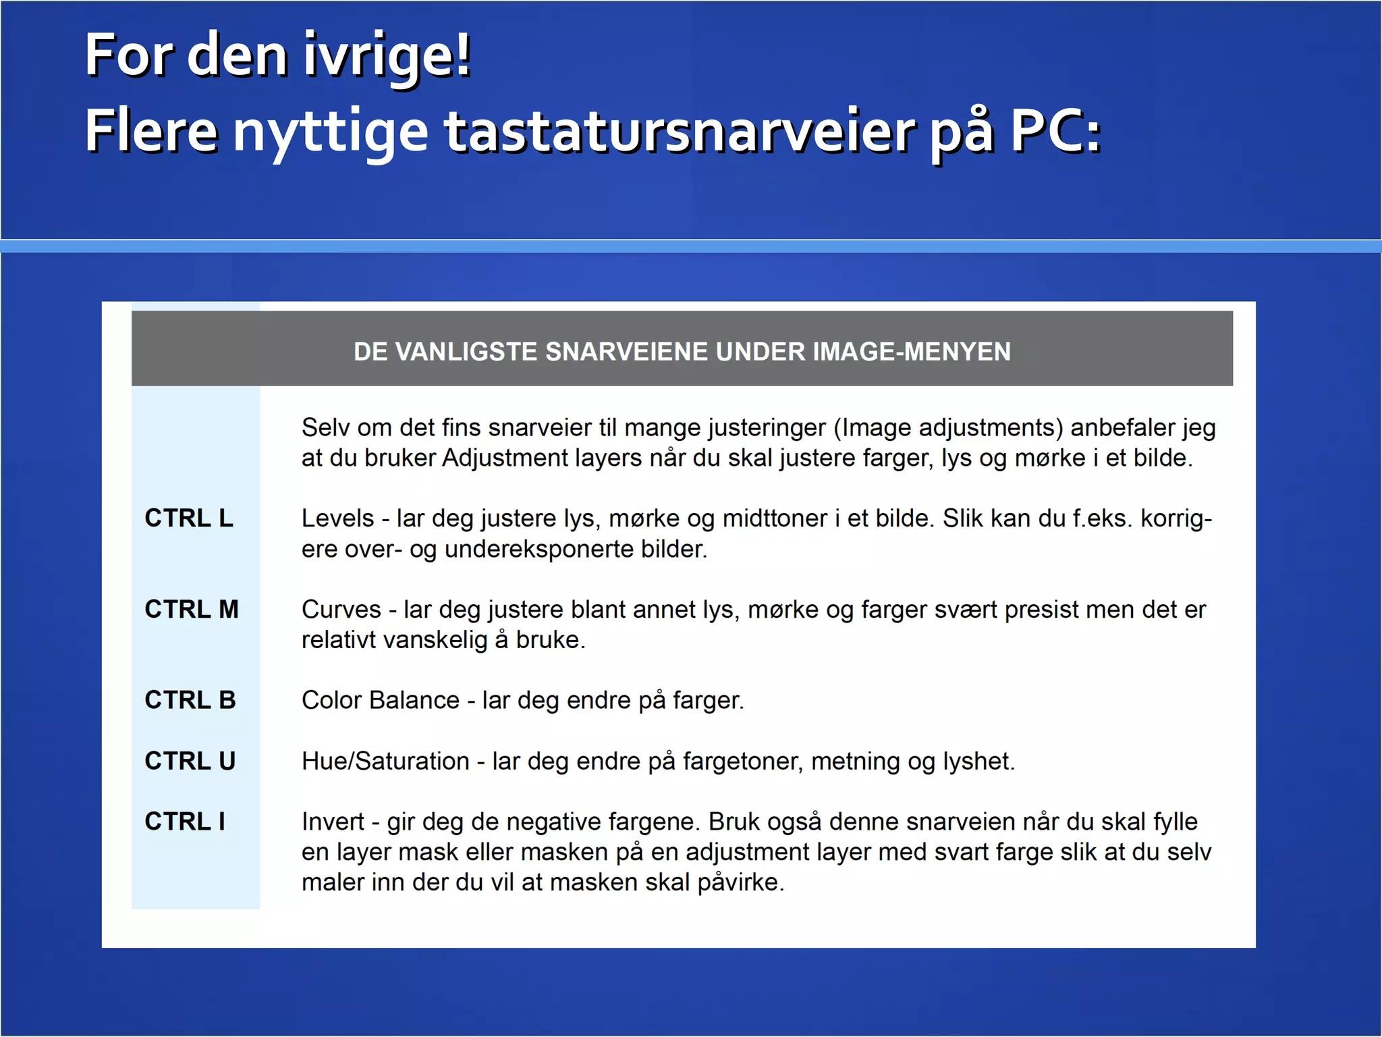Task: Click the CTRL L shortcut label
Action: pos(189,518)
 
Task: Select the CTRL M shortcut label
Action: pos(192,609)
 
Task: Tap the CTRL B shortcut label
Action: pos(190,700)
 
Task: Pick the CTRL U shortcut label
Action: pos(190,761)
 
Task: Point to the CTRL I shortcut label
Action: pos(185,822)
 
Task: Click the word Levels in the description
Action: pos(337,518)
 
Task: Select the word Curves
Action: pos(341,610)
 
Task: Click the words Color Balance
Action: pos(381,700)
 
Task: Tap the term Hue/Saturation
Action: pos(385,762)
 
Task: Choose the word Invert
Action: pos(333,822)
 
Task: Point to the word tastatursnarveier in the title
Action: pos(680,131)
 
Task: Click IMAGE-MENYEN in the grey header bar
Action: pos(912,352)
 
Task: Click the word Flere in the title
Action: pos(151,131)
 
